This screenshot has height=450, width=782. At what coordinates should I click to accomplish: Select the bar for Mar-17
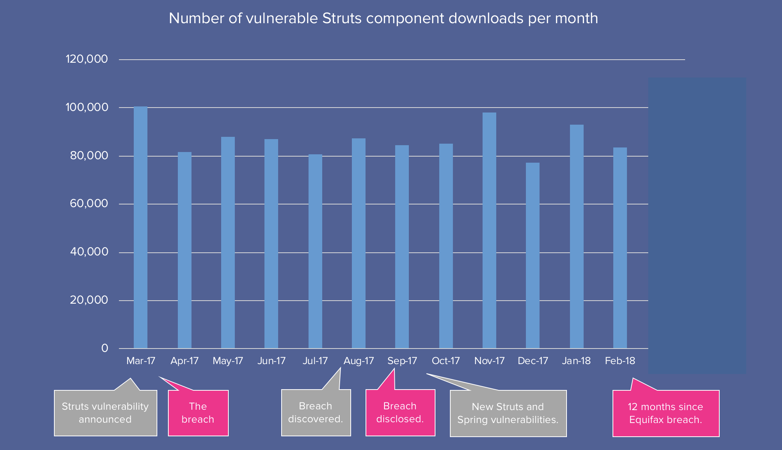(141, 228)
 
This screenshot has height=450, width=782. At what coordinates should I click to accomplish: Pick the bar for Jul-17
(315, 251)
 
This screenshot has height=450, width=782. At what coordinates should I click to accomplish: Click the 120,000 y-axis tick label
(87, 59)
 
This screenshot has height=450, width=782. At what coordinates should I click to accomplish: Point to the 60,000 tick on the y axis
(89, 204)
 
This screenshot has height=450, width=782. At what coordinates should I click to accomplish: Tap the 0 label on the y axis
(104, 348)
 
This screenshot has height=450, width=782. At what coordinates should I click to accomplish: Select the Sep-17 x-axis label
(402, 361)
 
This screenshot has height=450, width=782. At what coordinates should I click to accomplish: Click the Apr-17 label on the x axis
(184, 361)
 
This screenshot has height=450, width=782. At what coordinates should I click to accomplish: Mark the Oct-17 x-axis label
(446, 361)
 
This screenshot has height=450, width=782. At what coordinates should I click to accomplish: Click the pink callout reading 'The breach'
(198, 413)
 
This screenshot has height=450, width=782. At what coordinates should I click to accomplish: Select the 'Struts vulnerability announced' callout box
(105, 413)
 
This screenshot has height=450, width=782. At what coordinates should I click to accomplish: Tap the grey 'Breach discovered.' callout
(316, 412)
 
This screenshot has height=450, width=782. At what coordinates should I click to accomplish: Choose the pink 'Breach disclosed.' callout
(400, 412)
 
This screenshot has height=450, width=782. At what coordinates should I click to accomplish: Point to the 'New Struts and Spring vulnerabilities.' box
(508, 413)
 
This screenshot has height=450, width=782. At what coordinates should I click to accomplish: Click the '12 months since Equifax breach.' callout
(666, 413)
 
